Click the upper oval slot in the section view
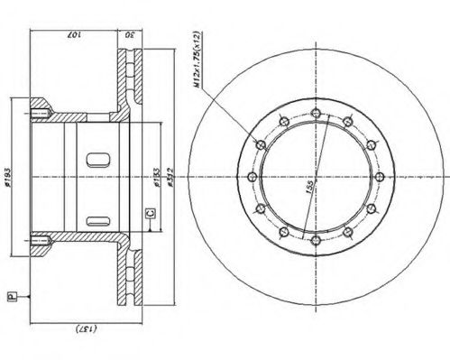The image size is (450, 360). pyautogui.click(x=97, y=162)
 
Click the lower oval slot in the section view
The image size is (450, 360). pyautogui.click(x=97, y=217)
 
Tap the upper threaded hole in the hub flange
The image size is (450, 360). pyautogui.click(x=41, y=114)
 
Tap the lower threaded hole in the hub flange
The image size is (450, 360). pyautogui.click(x=41, y=241)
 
